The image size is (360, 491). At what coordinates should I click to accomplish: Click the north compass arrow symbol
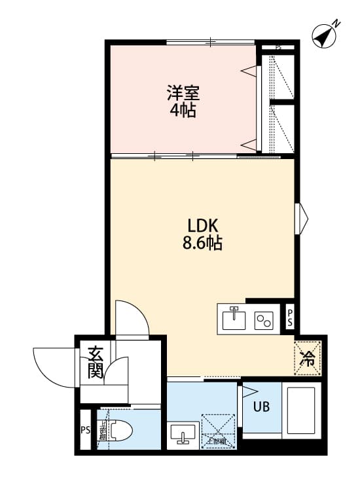pyautogui.click(x=324, y=35)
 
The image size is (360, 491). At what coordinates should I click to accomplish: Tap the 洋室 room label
pyautogui.click(x=183, y=92)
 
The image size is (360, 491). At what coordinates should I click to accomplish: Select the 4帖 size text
pyautogui.click(x=183, y=110)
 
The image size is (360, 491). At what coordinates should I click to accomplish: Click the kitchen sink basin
pyautogui.click(x=232, y=319)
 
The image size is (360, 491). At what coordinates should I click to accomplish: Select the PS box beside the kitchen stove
pyautogui.click(x=290, y=319)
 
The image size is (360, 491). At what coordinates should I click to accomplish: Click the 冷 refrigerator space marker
pyautogui.click(x=307, y=358)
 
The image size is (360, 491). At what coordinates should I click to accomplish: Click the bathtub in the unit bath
pyautogui.click(x=301, y=410)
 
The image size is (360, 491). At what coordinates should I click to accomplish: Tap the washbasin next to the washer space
pyautogui.click(x=181, y=434)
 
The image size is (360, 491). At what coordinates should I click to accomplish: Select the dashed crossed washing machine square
pyautogui.click(x=217, y=429)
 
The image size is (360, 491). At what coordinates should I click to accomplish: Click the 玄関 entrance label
pyautogui.click(x=95, y=364)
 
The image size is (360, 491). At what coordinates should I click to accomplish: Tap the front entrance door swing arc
pyautogui.click(x=52, y=367)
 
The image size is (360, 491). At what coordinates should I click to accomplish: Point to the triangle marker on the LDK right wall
pyautogui.click(x=302, y=218)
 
